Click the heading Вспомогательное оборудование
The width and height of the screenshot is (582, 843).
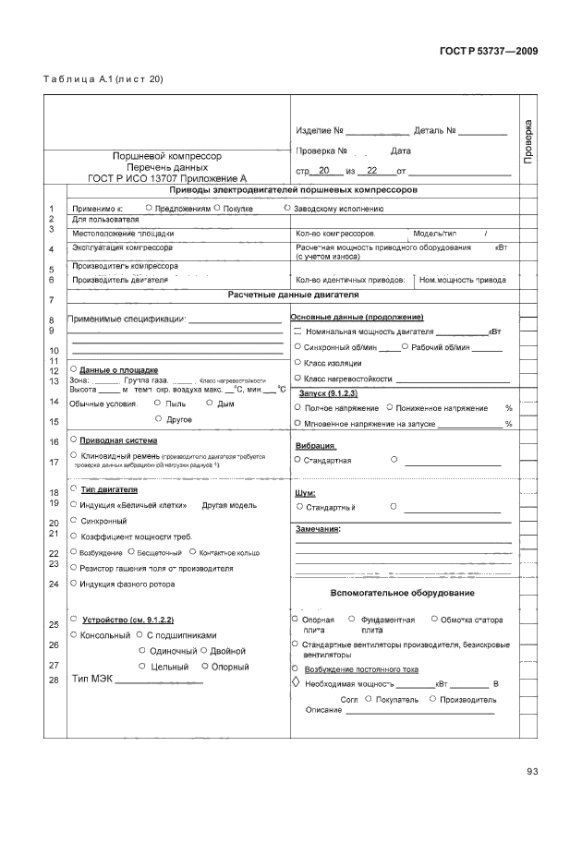pyautogui.click(x=402, y=592)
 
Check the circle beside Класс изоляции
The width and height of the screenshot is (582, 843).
pyautogui.click(x=297, y=363)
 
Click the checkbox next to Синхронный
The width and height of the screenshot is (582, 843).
pyautogui.click(x=73, y=521)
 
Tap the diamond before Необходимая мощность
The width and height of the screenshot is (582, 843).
pyautogui.click(x=297, y=683)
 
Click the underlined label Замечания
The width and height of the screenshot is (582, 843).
pyautogui.click(x=317, y=529)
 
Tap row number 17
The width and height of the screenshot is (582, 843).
pyautogui.click(x=54, y=462)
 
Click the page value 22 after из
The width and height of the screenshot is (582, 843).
pyautogui.click(x=372, y=171)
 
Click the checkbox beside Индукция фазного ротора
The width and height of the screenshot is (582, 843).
pyautogui.click(x=73, y=584)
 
